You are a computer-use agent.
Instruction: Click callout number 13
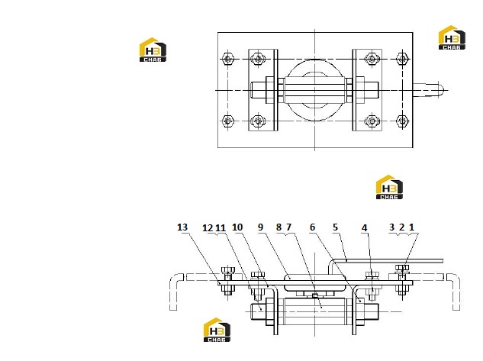tap(182, 227)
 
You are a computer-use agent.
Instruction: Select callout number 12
tap(208, 228)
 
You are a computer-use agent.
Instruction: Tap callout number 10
tap(237, 227)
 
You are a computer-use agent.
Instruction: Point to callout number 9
tap(261, 227)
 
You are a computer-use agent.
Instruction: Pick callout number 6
tap(312, 227)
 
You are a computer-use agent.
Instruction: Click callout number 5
tap(336, 227)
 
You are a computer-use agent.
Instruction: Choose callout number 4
tap(365, 228)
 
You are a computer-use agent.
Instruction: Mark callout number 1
tap(411, 227)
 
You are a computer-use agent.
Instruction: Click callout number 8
tap(279, 227)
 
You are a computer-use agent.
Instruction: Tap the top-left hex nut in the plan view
tap(227, 59)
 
